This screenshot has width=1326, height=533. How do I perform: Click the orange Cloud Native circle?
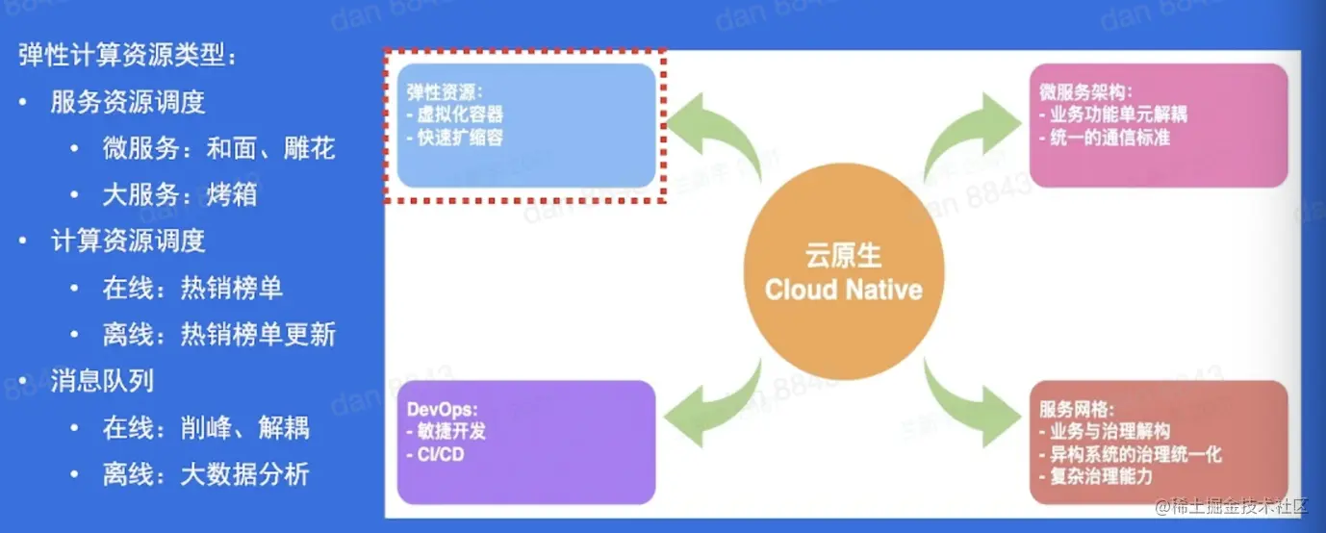pyautogui.click(x=843, y=273)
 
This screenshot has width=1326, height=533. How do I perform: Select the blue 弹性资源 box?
pyautogui.click(x=526, y=126)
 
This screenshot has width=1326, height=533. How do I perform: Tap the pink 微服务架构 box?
pyautogui.click(x=1158, y=126)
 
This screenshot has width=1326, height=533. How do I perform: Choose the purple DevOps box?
pyautogui.click(x=526, y=442)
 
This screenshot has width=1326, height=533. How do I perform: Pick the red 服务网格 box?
pyautogui.click(x=1158, y=442)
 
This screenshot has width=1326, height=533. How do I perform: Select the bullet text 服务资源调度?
pyautogui.click(x=128, y=102)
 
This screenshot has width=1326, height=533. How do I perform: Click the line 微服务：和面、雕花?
pyautogui.click(x=218, y=149)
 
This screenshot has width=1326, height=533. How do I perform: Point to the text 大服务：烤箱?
pyautogui.click(x=180, y=195)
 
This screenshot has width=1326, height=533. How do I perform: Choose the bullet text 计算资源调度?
pyautogui.click(x=128, y=241)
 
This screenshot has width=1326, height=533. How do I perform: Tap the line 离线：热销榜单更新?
pyautogui.click(x=218, y=335)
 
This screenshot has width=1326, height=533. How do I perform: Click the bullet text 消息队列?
pyautogui.click(x=102, y=381)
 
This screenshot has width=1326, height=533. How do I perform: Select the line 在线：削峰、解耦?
pyautogui.click(x=206, y=427)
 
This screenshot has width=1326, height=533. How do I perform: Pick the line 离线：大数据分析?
pyautogui.click(x=206, y=474)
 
